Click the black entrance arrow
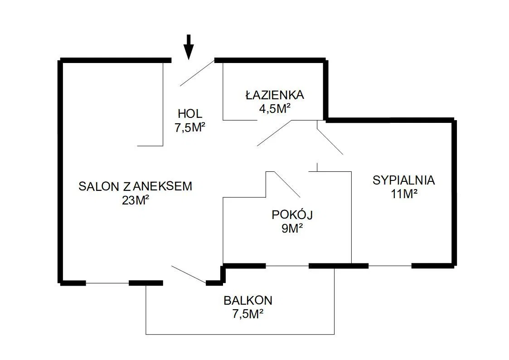(x=189, y=47)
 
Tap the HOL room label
(x=190, y=114)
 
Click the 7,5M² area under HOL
(x=190, y=127)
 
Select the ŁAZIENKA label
(x=275, y=95)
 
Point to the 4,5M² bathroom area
(x=275, y=109)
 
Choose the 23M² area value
(x=136, y=200)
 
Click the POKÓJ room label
(x=293, y=214)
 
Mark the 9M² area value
(x=292, y=228)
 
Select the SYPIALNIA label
(x=403, y=180)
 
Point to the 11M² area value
(x=403, y=194)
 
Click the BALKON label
(x=248, y=300)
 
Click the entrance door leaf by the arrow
(x=197, y=73)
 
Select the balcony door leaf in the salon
(x=189, y=275)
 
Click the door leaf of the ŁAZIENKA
(x=276, y=133)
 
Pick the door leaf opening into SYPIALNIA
(x=330, y=142)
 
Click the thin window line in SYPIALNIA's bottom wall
(x=390, y=265)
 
